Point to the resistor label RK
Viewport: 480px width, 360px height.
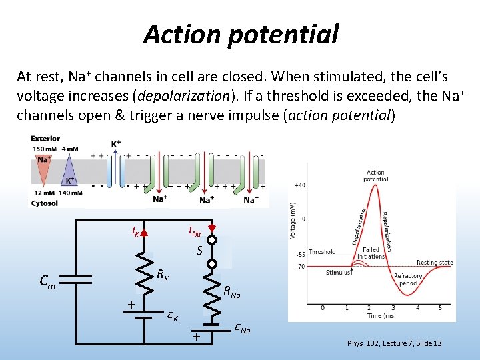tap(162, 275)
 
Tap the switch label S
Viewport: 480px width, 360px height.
tap(199, 251)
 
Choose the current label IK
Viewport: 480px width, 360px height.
tap(136, 233)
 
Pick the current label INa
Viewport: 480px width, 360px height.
tap(194, 232)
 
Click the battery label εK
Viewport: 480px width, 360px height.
tap(172, 315)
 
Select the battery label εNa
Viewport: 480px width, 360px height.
tap(242, 328)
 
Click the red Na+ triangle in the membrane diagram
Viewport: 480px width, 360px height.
tap(43, 166)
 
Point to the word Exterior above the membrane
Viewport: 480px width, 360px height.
tap(45, 139)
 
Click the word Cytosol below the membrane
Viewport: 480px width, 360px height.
tap(44, 203)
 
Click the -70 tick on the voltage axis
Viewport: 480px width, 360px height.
tap(301, 267)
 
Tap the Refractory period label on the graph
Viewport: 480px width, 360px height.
tap(408, 279)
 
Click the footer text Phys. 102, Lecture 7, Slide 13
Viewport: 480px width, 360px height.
tap(394, 343)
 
